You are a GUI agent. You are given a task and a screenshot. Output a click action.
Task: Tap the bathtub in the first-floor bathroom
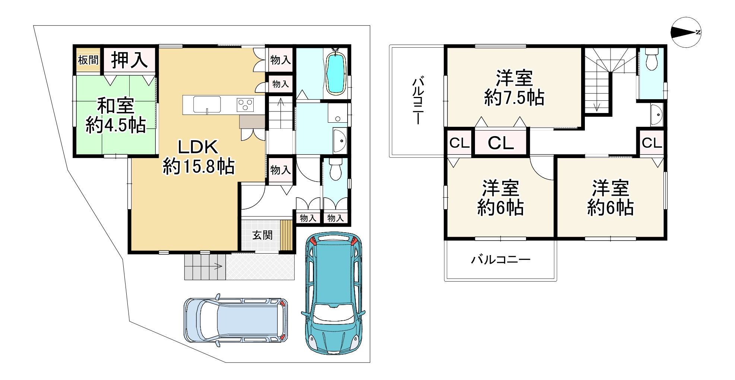(x=336, y=72)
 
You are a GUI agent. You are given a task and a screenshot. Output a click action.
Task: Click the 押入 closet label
(x=129, y=60)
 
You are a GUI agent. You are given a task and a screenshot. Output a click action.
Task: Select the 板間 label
(x=88, y=60)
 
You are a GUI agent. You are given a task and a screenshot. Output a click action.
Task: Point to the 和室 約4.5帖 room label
(x=115, y=116)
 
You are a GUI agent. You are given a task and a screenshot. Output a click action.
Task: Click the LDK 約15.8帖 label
(x=198, y=157)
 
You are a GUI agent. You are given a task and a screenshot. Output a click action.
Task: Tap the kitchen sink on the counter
(x=207, y=104)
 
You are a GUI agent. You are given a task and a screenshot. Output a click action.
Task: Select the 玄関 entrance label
(x=262, y=235)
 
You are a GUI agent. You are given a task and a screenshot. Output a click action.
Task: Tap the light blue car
(x=236, y=320)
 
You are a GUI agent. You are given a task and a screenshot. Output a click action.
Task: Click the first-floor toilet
(x=336, y=169)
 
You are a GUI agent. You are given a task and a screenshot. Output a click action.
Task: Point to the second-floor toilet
(x=651, y=59)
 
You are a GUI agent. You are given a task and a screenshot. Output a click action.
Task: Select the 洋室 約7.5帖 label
(x=514, y=88)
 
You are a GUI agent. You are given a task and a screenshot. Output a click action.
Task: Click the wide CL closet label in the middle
(x=501, y=142)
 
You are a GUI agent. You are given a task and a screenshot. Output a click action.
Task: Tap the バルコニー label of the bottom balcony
(x=501, y=260)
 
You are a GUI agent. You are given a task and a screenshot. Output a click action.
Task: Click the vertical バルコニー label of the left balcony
(x=418, y=101)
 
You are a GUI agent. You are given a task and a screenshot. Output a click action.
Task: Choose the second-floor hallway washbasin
(x=657, y=114)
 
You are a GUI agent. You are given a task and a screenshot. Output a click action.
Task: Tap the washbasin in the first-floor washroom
(x=340, y=141)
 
